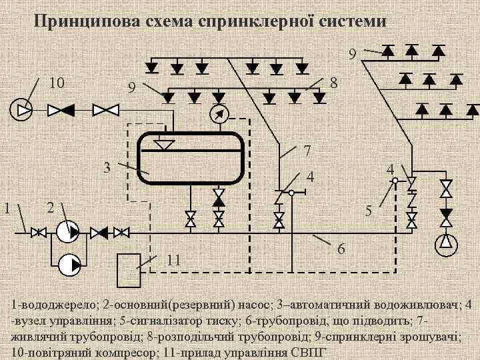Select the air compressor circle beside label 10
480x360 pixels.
tap(21, 109)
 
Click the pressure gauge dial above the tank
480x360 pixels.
tap(218, 114)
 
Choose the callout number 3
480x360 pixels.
tap(107, 167)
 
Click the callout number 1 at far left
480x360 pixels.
tap(7, 207)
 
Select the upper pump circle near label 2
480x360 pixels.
tap(67, 232)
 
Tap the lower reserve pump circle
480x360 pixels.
tap(67, 265)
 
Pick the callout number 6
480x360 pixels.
tap(341, 249)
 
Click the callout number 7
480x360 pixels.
tap(307, 151)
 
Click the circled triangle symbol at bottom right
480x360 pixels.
tap(445, 245)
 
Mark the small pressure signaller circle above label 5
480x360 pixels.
tap(395, 180)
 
